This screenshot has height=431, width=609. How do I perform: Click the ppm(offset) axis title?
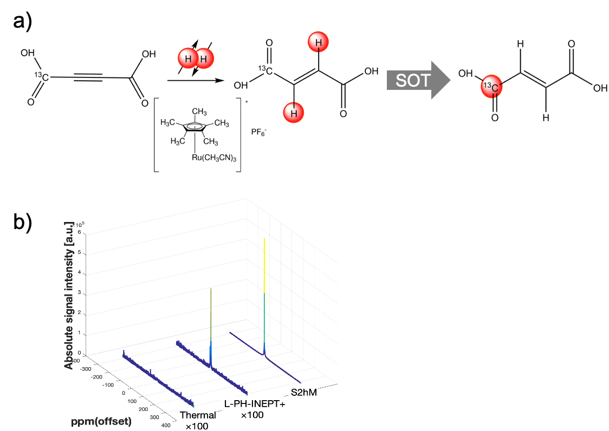point(101,421)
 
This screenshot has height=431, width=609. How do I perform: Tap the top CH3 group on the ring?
point(199,112)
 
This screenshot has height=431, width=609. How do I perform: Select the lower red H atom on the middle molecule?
point(293,113)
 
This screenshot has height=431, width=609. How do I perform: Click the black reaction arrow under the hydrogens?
point(196,81)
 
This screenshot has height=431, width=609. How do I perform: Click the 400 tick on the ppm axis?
point(166,426)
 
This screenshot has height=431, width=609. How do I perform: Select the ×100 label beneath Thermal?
point(197,426)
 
